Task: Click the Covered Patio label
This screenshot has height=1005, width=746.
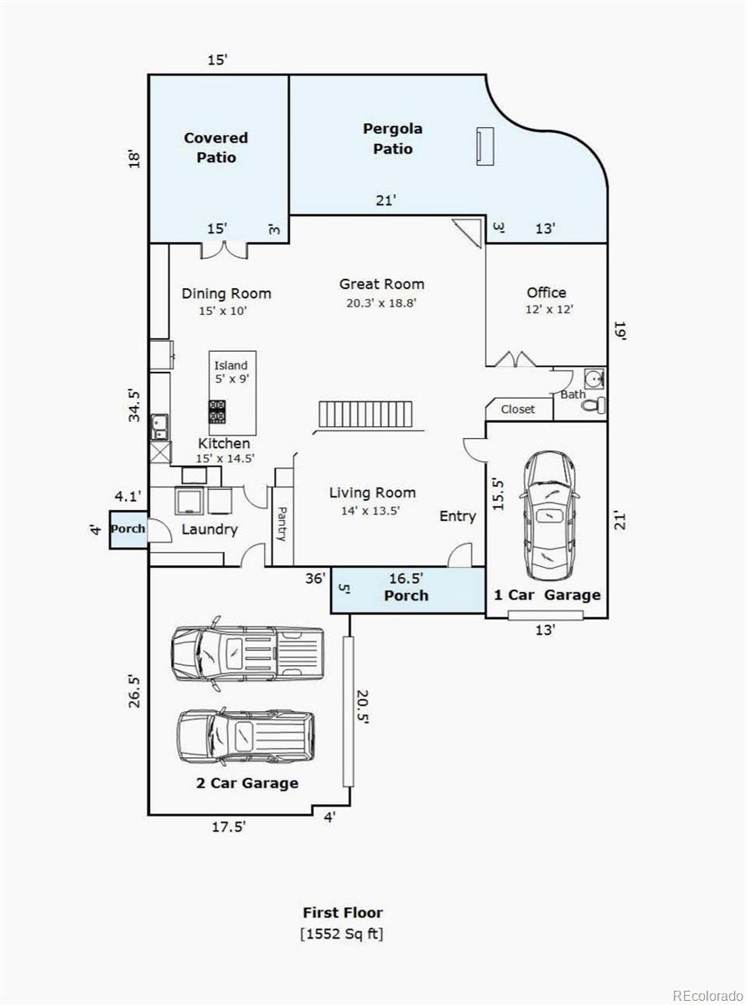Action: [x=215, y=147]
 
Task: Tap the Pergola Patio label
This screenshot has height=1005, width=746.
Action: [x=392, y=139]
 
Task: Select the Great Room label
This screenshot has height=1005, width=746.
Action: [x=381, y=284]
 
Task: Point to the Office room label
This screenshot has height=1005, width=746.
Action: [x=546, y=292]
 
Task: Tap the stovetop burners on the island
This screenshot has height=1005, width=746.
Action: [x=218, y=411]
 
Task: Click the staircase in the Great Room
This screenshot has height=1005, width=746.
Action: [x=366, y=415]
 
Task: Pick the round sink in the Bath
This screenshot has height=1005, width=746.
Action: [x=596, y=379]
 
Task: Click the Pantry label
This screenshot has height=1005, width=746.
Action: [x=282, y=523]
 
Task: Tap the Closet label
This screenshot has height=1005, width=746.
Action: [x=517, y=410]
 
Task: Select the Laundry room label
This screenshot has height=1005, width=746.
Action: [x=210, y=529]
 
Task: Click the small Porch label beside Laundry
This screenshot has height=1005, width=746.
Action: [x=127, y=529]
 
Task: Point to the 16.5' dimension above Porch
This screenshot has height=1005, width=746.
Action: [x=406, y=578]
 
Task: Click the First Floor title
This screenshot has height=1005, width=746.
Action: [x=342, y=913]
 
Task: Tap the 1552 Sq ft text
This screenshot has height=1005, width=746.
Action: [x=342, y=934]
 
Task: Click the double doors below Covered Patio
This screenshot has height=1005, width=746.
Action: [x=225, y=249]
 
